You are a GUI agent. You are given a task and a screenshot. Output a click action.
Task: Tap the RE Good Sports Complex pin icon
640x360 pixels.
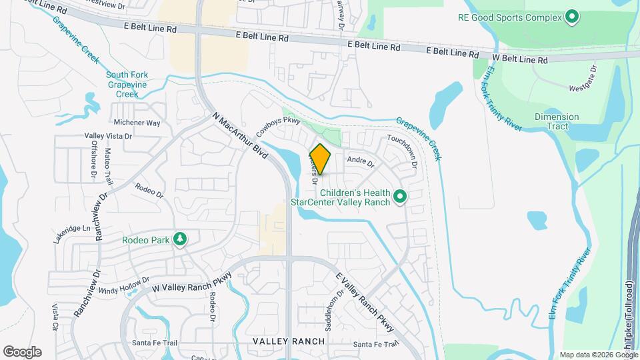pyautogui.click(x=571, y=17)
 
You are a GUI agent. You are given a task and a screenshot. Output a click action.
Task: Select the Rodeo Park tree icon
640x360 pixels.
pyautogui.click(x=179, y=239)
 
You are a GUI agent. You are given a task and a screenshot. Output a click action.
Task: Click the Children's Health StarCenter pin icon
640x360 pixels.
pyautogui.click(x=400, y=197)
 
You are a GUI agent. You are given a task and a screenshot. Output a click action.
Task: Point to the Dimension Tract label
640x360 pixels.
pyautogui.click(x=557, y=121)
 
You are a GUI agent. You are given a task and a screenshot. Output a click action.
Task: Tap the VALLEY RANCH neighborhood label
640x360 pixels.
pyautogui.click(x=289, y=341)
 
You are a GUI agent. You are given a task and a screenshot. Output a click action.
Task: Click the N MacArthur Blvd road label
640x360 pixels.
pyautogui.click(x=240, y=135)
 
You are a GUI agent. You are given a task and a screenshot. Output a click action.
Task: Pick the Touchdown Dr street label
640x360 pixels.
pyautogui.click(x=402, y=151)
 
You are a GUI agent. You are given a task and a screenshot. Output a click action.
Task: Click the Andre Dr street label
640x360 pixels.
pyautogui.click(x=361, y=161)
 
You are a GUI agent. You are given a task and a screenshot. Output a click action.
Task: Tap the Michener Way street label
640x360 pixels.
pyautogui.click(x=137, y=123)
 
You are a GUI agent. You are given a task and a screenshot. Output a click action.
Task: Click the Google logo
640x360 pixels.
pyautogui.click(x=22, y=351)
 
